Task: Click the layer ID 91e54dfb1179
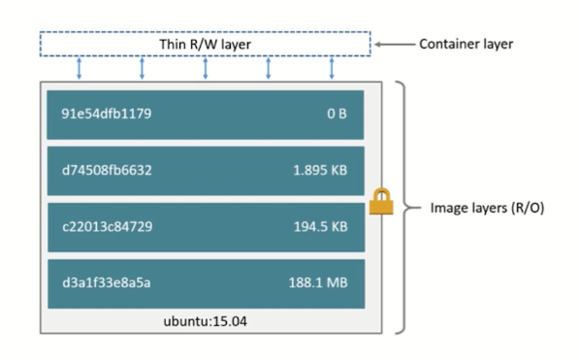coord(106,115)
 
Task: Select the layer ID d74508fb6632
coord(107,171)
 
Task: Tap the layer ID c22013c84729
coord(106,227)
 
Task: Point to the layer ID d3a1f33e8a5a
coord(106,282)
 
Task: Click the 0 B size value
coord(337,115)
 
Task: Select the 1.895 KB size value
coord(320,171)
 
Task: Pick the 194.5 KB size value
coord(320,227)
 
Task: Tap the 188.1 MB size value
coord(319,282)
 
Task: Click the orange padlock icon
coord(380,204)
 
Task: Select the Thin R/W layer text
coord(205,45)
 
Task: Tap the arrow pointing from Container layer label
coord(393,45)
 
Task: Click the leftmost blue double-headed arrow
coord(80,69)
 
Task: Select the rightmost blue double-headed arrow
coord(332,69)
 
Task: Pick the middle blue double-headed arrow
coord(206,69)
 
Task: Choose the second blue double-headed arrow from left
coord(143,69)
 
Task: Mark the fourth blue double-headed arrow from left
coord(269,69)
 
